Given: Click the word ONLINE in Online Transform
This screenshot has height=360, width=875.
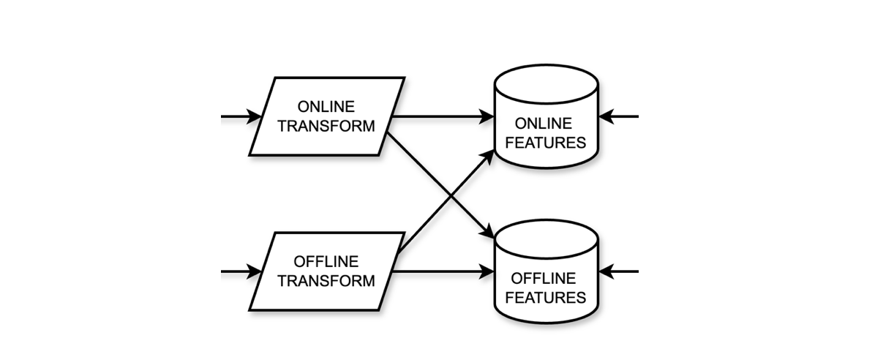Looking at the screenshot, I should (326, 107).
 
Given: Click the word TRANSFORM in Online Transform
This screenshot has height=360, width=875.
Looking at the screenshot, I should (326, 126).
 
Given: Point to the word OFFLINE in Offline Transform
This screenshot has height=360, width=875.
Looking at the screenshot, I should (326, 262).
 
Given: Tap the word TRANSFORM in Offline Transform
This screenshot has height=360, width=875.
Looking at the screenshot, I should (326, 281).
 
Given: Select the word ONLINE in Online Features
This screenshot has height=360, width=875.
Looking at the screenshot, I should (546, 122).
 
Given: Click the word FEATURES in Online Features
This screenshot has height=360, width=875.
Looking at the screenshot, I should (546, 142).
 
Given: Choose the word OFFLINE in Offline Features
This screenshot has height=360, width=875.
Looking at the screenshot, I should (546, 278).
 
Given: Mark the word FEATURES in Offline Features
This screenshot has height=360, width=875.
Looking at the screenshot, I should (546, 297).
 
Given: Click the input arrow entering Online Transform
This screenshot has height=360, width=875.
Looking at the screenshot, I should (241, 116).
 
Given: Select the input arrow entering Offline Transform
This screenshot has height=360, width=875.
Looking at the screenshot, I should (241, 271).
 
